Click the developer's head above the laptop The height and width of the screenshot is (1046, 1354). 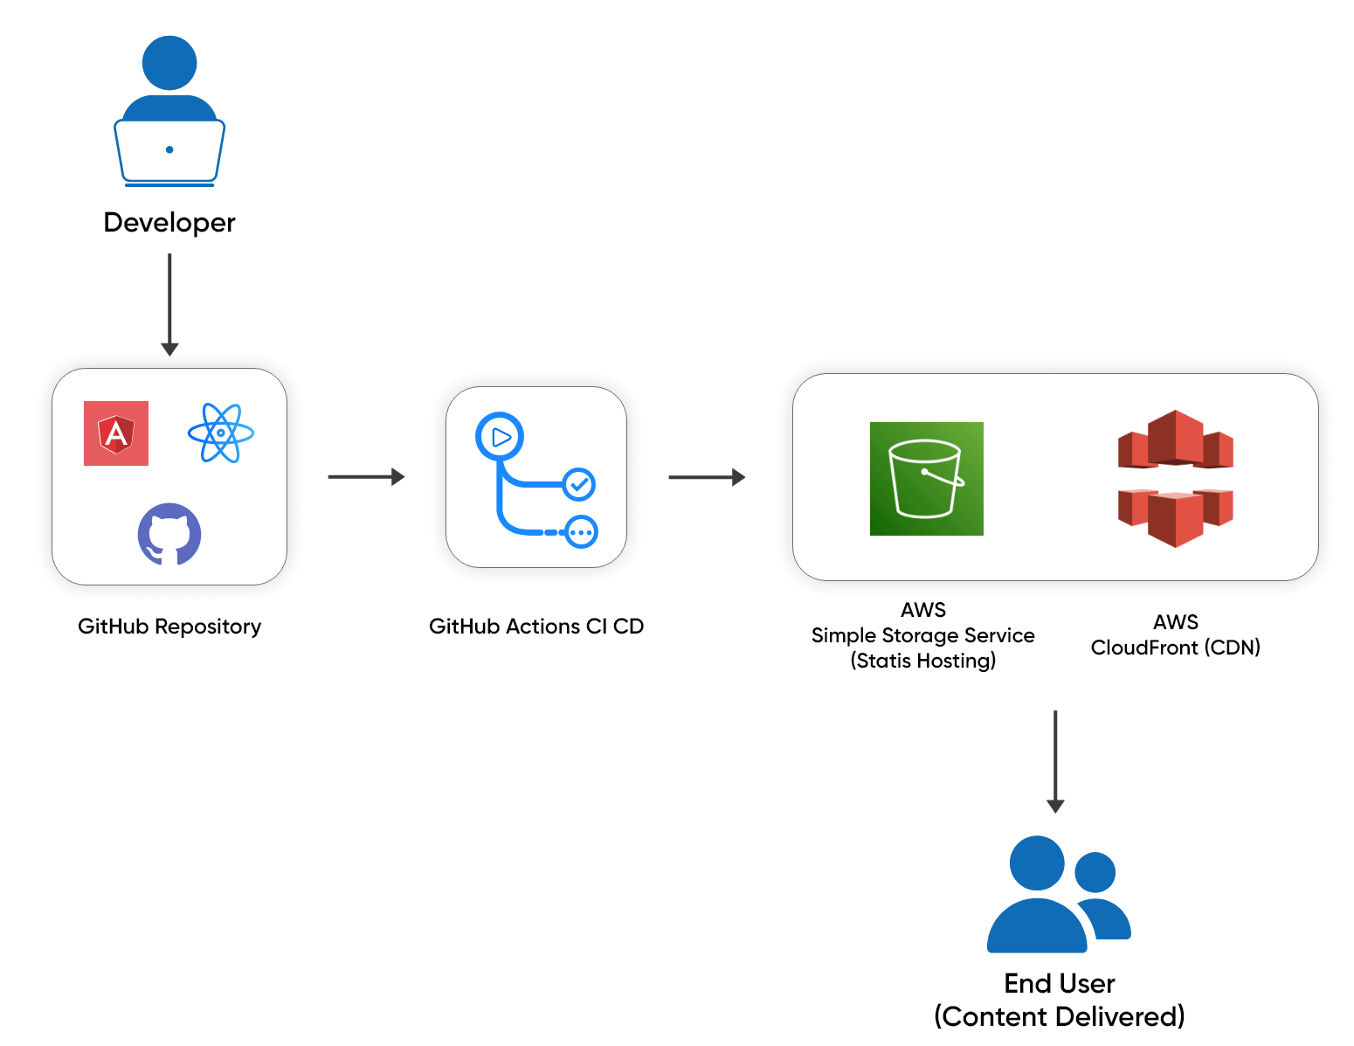[169, 63]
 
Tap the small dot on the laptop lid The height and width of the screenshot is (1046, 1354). [169, 149]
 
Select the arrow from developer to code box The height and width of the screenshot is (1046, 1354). [169, 301]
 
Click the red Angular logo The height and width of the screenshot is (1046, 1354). [116, 433]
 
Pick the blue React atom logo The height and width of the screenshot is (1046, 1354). [221, 433]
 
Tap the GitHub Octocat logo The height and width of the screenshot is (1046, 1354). [169, 534]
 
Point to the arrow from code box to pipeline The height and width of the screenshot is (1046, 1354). [365, 476]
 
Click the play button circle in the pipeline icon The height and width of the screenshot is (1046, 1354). [500, 437]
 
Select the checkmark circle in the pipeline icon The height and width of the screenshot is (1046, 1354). [578, 484]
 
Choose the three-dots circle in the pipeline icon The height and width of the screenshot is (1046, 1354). [581, 532]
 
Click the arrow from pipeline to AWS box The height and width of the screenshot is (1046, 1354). [706, 477]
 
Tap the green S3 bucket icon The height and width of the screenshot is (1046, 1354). [927, 479]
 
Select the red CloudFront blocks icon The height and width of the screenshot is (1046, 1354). [1176, 479]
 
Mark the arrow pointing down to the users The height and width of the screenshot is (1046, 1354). [1055, 760]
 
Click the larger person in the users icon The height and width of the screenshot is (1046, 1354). [1037, 900]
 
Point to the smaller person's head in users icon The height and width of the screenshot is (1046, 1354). [1095, 872]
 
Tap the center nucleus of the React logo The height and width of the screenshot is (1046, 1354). [221, 433]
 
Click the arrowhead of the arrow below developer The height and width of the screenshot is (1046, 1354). [169, 350]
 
